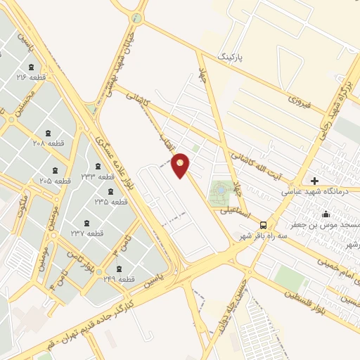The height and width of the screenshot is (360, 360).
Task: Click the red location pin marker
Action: [181, 165]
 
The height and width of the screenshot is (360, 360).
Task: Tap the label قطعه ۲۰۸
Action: [67, 143]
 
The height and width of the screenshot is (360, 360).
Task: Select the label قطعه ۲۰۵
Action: [56, 181]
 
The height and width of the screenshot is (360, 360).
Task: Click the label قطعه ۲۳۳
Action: [97, 176]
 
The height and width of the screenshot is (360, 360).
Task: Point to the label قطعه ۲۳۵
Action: [111, 201]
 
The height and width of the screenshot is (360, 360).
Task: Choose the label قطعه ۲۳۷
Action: [86, 233]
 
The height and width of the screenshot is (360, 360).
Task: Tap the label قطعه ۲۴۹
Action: [117, 279]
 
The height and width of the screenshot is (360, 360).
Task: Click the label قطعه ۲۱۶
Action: [31, 77]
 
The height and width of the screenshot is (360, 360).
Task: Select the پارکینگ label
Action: [233, 55]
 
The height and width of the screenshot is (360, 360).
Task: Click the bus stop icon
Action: [263, 225]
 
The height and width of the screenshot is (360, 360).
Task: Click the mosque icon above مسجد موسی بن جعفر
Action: [326, 214]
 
